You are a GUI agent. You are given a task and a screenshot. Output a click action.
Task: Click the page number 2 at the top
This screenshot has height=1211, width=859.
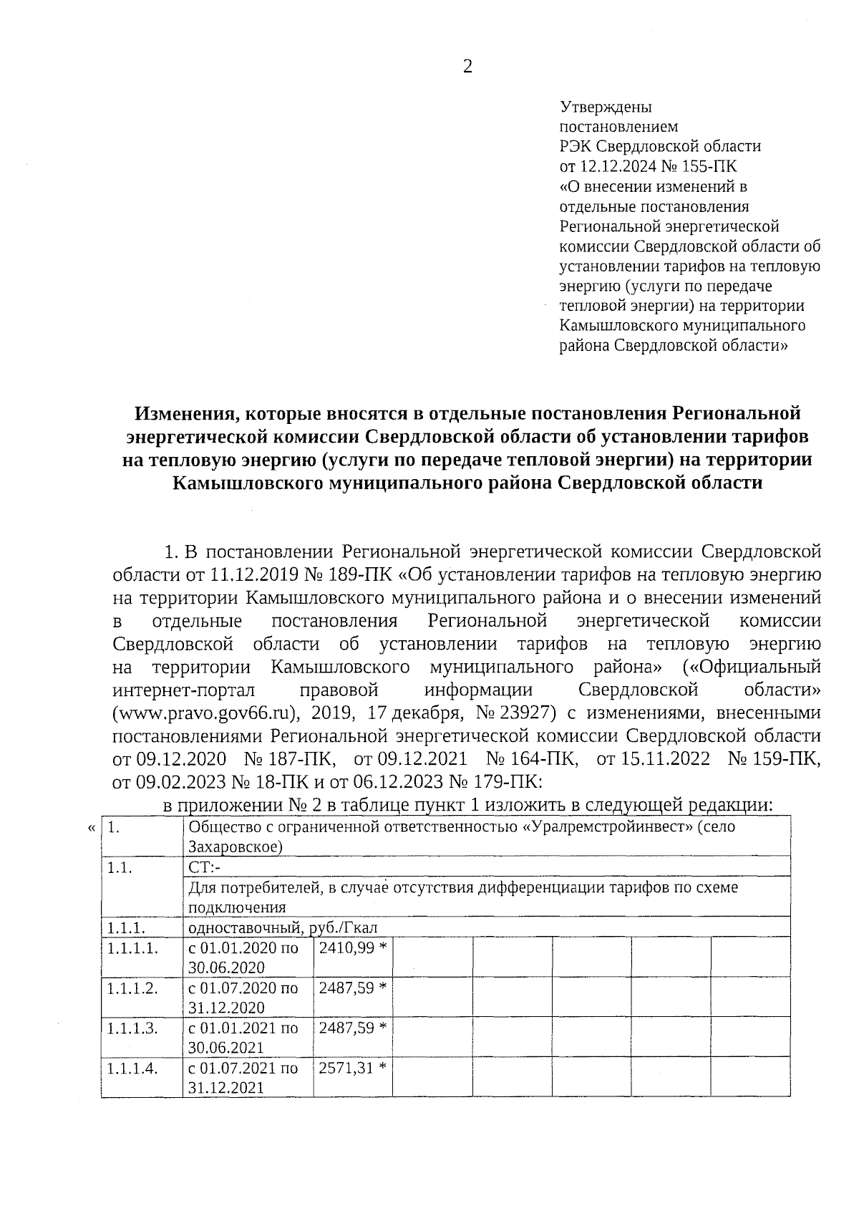(467, 67)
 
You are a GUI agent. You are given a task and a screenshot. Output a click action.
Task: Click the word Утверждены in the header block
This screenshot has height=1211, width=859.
(605, 108)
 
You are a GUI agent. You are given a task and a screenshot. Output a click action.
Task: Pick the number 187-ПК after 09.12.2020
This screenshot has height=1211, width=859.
(292, 758)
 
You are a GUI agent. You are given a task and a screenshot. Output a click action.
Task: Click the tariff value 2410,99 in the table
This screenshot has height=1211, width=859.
(346, 947)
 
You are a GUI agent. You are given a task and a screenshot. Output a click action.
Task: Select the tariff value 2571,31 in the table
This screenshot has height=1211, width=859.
(346, 1068)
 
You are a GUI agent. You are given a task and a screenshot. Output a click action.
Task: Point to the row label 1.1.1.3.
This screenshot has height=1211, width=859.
(132, 1028)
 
